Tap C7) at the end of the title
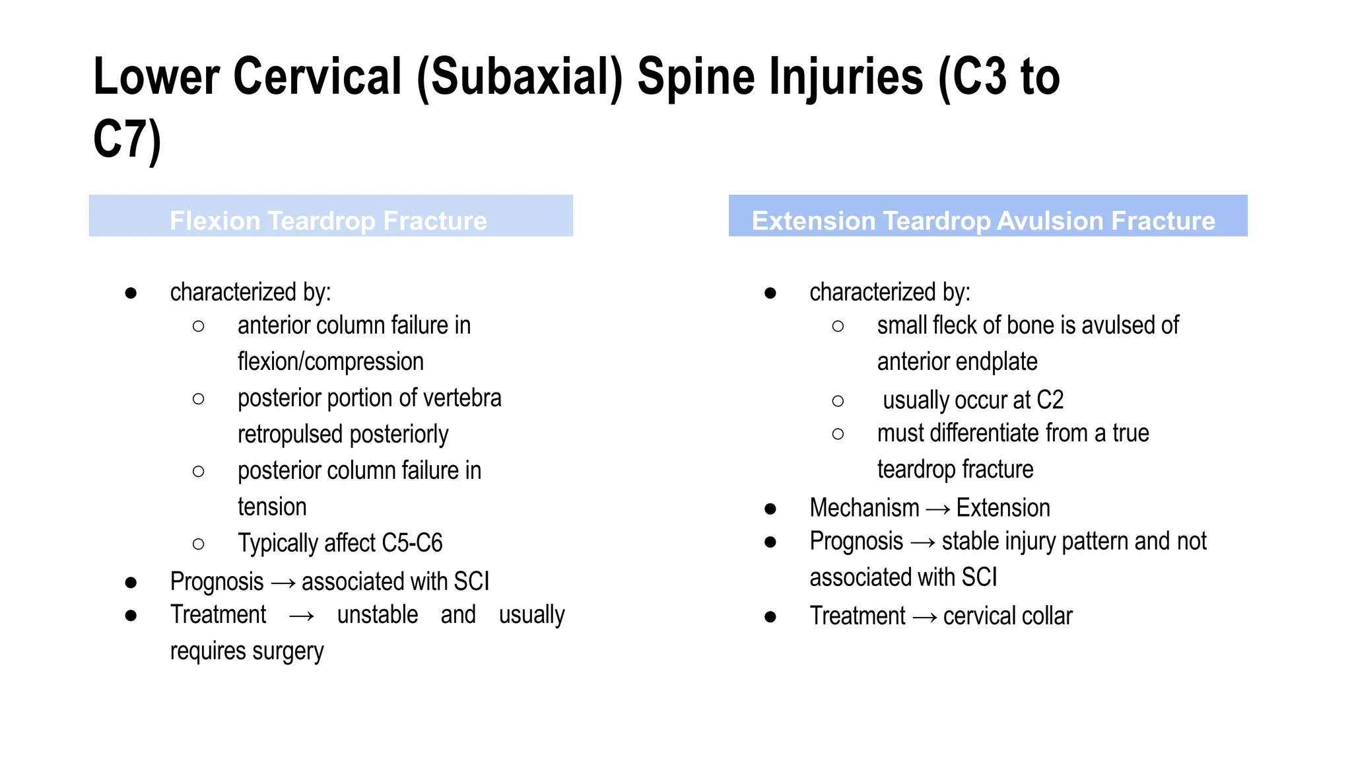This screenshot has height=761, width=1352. coord(127,139)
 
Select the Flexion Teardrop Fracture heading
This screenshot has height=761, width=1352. coord(328,221)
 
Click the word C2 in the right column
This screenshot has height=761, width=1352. coord(1050,400)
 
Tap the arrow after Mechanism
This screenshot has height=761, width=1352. coord(937,509)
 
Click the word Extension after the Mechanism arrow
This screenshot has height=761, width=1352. coord(1003,508)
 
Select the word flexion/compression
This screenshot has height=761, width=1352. coord(330,362)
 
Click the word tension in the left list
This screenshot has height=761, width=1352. coord(272,507)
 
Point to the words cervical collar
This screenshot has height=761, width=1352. coord(1007,616)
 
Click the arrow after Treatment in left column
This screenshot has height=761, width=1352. coord(302,616)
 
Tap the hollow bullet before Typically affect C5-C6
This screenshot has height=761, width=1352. coord(198,544)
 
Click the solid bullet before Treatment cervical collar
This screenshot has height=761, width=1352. coord(770,617)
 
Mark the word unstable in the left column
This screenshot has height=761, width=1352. coord(377,615)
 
